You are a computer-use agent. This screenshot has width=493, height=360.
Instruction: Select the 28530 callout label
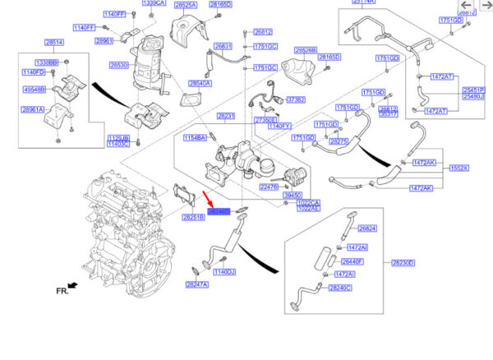(119, 64)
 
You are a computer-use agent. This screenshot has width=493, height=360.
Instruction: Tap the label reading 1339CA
(154, 3)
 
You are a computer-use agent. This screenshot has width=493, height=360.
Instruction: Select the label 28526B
(306, 49)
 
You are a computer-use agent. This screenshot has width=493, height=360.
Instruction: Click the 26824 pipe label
(367, 228)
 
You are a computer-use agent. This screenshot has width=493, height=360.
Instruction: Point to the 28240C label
(339, 288)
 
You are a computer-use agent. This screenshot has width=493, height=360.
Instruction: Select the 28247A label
(196, 284)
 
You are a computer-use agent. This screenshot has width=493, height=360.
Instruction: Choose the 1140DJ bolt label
(224, 271)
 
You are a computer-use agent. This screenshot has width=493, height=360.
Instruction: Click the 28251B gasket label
(193, 217)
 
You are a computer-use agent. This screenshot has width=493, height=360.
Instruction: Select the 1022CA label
(308, 202)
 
